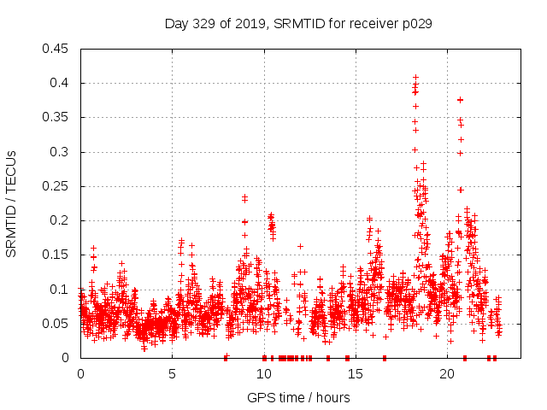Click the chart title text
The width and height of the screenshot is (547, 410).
297,24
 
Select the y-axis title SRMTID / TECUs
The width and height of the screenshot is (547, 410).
11,202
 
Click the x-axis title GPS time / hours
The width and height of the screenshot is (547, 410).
297,397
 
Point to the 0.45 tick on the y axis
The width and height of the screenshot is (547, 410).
57,49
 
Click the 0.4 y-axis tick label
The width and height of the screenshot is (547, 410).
61,83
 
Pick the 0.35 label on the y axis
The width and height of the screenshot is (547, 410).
57,117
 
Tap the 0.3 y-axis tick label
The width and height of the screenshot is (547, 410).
61,152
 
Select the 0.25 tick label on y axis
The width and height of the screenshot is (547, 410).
57,186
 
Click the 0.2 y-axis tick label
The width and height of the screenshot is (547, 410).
61,220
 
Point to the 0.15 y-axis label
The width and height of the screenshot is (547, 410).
57,255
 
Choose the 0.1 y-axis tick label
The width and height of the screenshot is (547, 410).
61,289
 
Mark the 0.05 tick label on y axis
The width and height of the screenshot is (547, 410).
57,324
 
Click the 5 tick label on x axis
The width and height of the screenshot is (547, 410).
172,374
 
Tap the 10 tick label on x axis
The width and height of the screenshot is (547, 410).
263,374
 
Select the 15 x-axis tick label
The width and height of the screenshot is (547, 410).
355,374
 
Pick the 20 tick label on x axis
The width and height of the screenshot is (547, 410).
446,374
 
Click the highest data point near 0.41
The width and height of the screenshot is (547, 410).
415,78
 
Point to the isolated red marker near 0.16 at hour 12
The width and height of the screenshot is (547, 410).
300,246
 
